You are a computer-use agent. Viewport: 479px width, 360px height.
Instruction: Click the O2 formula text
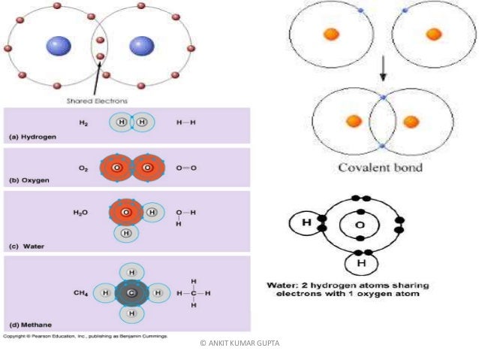[84, 167]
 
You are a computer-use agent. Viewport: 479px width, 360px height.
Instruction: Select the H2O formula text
[82, 213]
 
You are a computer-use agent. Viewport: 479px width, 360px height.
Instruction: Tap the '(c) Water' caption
[26, 245]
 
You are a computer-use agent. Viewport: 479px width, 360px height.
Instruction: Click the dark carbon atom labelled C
[131, 292]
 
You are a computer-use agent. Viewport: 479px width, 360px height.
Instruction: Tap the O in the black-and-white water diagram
[360, 224]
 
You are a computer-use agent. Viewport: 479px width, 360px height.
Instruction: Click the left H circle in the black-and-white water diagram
[306, 223]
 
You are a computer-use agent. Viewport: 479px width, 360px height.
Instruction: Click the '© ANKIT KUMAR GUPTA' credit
[239, 343]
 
